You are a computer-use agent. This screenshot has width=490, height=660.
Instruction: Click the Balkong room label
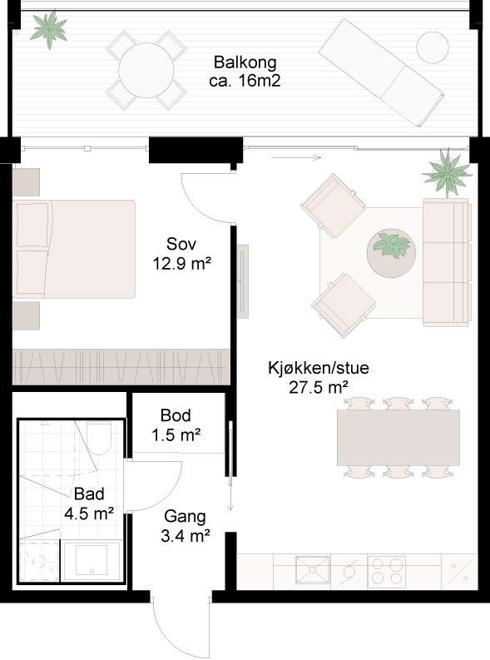coord(245,62)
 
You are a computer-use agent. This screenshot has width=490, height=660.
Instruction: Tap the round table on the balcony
coord(146,70)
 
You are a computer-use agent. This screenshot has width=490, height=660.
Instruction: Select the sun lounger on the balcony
coord(381,72)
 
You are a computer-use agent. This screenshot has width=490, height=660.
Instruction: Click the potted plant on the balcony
coord(49,29)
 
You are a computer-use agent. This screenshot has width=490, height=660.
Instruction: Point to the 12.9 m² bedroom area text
coord(181,264)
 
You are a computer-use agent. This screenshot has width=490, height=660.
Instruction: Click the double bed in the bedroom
coord(74,249)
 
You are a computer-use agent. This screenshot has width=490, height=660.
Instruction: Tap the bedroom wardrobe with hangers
coord(121,366)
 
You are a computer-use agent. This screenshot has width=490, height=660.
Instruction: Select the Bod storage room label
coord(176,415)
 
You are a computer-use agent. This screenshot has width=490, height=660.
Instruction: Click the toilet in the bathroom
coord(99,438)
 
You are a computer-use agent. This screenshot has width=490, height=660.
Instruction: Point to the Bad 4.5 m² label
coord(89,504)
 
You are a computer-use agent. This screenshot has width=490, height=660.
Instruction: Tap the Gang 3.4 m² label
coord(185,526)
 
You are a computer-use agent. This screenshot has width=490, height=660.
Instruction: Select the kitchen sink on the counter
coord(312,570)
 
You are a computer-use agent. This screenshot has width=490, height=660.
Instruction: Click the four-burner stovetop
coord(387,572)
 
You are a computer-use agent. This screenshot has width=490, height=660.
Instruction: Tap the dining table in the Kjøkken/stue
coord(398,437)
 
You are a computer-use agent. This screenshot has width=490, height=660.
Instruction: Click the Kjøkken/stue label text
coord(319,368)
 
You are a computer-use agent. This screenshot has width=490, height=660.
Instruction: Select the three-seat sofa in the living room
coord(446,263)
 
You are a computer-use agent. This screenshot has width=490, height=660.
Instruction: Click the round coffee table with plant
coord(391,253)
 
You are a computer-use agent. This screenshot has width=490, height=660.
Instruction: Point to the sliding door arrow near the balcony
coord(296,158)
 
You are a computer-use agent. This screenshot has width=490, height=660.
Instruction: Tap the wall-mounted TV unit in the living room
coord(243,281)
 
